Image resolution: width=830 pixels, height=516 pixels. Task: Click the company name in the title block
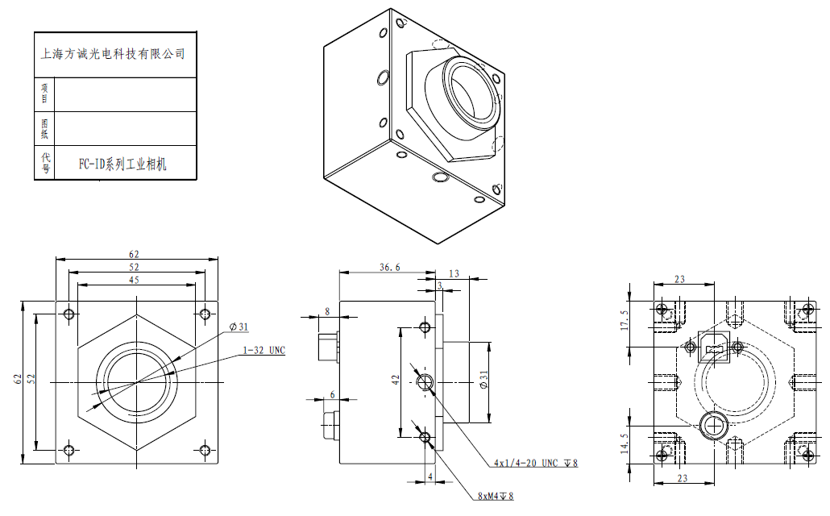tap(113, 55)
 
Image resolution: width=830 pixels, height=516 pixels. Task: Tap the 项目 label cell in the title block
tap(45, 94)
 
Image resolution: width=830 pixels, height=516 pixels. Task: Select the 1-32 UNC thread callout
tap(264, 351)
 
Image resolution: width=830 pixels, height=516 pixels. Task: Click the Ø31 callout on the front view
tap(239, 327)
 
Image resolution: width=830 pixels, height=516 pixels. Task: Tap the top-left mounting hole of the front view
tap(69, 314)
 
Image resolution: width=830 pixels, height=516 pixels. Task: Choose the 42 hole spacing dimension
tap(396, 381)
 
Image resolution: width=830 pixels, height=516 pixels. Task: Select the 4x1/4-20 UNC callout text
tap(537, 464)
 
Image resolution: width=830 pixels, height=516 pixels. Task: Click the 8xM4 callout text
tap(495, 496)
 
